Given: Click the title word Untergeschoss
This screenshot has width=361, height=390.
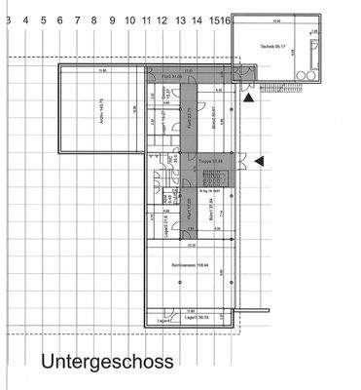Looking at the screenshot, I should pos(107,362).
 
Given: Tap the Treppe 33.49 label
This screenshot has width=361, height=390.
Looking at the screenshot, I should pos(212,161).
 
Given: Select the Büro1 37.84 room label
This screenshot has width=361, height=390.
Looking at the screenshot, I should pos(212,207).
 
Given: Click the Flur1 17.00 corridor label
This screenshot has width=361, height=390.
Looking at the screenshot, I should pos(187,208).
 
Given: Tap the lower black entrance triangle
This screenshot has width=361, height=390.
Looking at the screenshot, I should pos(257,159).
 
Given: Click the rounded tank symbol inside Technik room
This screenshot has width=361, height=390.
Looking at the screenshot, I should pos(312,58).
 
